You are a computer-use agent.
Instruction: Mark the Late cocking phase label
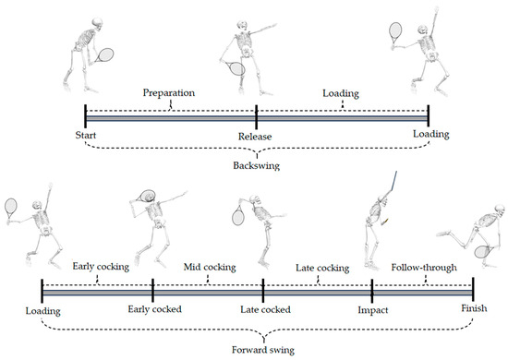click(x=321, y=269)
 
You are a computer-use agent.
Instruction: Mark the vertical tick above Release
click(x=256, y=116)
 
